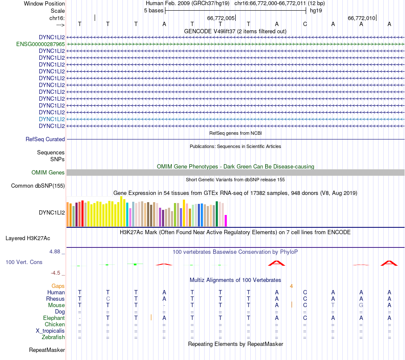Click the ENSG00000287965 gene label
40,44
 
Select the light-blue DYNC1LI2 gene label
52,119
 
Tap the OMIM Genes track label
48,173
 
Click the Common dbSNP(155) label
38,186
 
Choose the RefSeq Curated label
45,139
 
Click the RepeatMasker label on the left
47,350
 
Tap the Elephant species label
54,318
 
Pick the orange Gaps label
58,286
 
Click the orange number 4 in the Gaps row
291,286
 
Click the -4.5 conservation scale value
57,273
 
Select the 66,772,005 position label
221,18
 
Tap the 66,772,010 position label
362,18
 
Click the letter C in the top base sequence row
305,24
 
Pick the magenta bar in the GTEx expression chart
226,221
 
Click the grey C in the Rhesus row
108,299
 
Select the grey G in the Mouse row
361,305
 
